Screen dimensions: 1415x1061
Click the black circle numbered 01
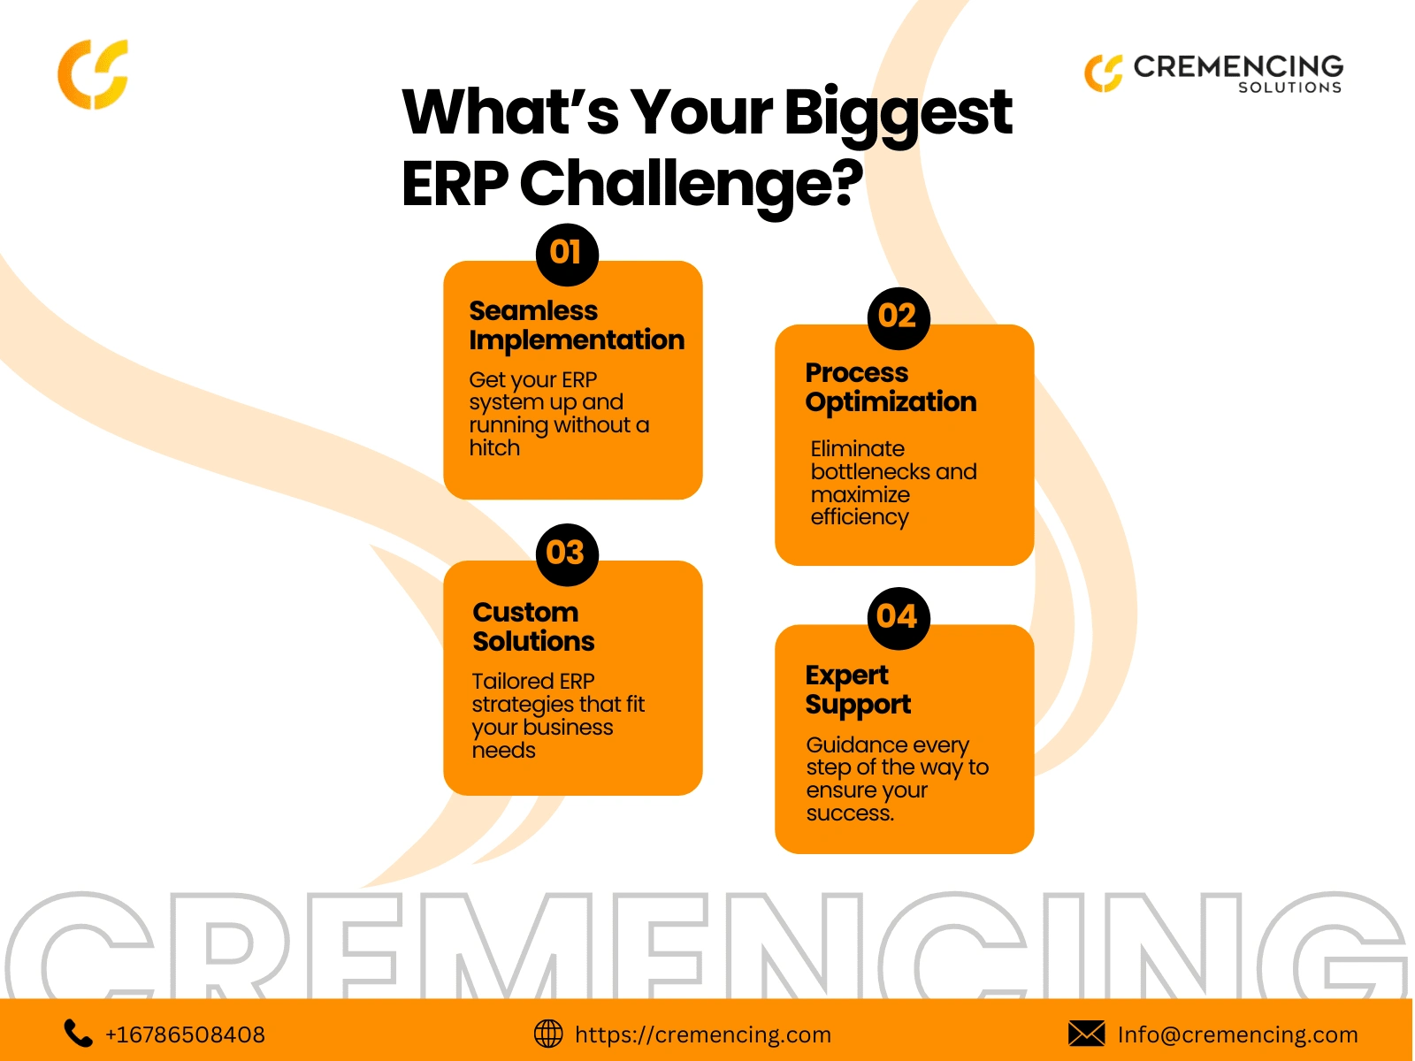coord(567,255)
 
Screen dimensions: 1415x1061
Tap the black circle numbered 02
coord(899,318)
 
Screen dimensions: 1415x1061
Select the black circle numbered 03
coord(567,554)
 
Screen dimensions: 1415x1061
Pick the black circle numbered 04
coord(899,618)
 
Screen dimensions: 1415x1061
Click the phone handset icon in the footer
coord(78,1034)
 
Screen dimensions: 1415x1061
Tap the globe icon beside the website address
coord(548,1034)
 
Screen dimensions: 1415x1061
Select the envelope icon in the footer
coord(1086,1034)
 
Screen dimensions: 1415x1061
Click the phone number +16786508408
coord(185,1034)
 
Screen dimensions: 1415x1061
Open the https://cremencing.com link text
coord(703,1034)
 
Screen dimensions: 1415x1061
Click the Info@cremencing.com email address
coord(1238,1034)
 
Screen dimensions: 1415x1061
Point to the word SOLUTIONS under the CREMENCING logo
coord(1289,88)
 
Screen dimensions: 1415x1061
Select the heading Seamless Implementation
coord(577,326)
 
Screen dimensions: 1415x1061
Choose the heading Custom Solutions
coord(533,626)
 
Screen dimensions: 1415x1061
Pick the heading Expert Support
coord(858,691)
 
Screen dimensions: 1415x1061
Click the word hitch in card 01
coord(494,447)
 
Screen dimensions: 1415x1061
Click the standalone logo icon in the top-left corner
coord(93,74)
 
